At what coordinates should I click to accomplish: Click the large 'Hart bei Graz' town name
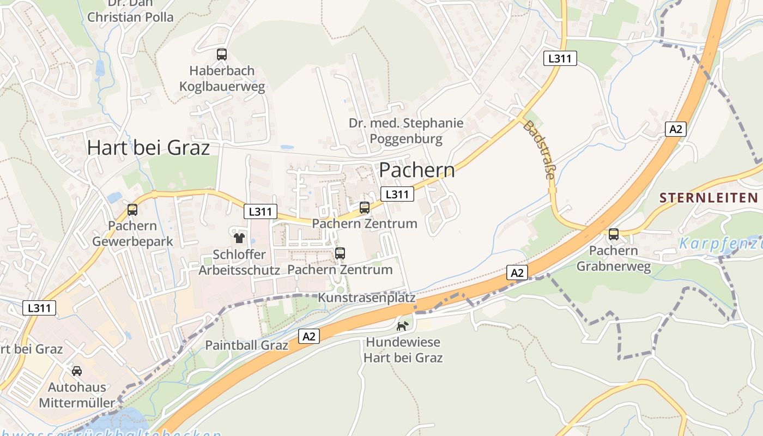pyautogui.click(x=148, y=148)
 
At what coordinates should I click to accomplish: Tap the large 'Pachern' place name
pyautogui.click(x=417, y=170)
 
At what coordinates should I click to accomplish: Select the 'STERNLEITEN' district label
pyautogui.click(x=708, y=197)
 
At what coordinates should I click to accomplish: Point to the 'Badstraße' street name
pyautogui.click(x=540, y=150)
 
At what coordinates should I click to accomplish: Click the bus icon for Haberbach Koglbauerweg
pyautogui.click(x=221, y=55)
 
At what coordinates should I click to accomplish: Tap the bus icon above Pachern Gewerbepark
pyautogui.click(x=132, y=210)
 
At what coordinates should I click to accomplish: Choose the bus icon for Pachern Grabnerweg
pyautogui.click(x=614, y=235)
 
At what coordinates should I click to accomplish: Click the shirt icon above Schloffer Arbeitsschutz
pyautogui.click(x=239, y=238)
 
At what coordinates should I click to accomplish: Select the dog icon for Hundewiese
pyautogui.click(x=403, y=326)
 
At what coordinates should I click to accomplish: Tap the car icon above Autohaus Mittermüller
pyautogui.click(x=77, y=371)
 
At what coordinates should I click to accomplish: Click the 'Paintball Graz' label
pyautogui.click(x=246, y=345)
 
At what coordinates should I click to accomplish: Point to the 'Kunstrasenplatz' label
pyautogui.click(x=366, y=298)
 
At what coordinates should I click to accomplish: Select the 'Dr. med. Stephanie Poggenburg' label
pyautogui.click(x=406, y=131)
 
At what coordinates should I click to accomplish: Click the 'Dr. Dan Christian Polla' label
pyautogui.click(x=131, y=11)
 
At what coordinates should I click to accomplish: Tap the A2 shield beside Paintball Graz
pyautogui.click(x=309, y=336)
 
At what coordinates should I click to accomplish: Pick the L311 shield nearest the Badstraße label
pyautogui.click(x=560, y=58)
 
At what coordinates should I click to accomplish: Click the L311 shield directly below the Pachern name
pyautogui.click(x=397, y=194)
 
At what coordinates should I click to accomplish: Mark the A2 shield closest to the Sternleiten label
pyautogui.click(x=675, y=129)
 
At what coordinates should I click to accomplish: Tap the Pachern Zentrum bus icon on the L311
pyautogui.click(x=365, y=208)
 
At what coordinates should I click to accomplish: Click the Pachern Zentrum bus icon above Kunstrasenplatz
pyautogui.click(x=340, y=253)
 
